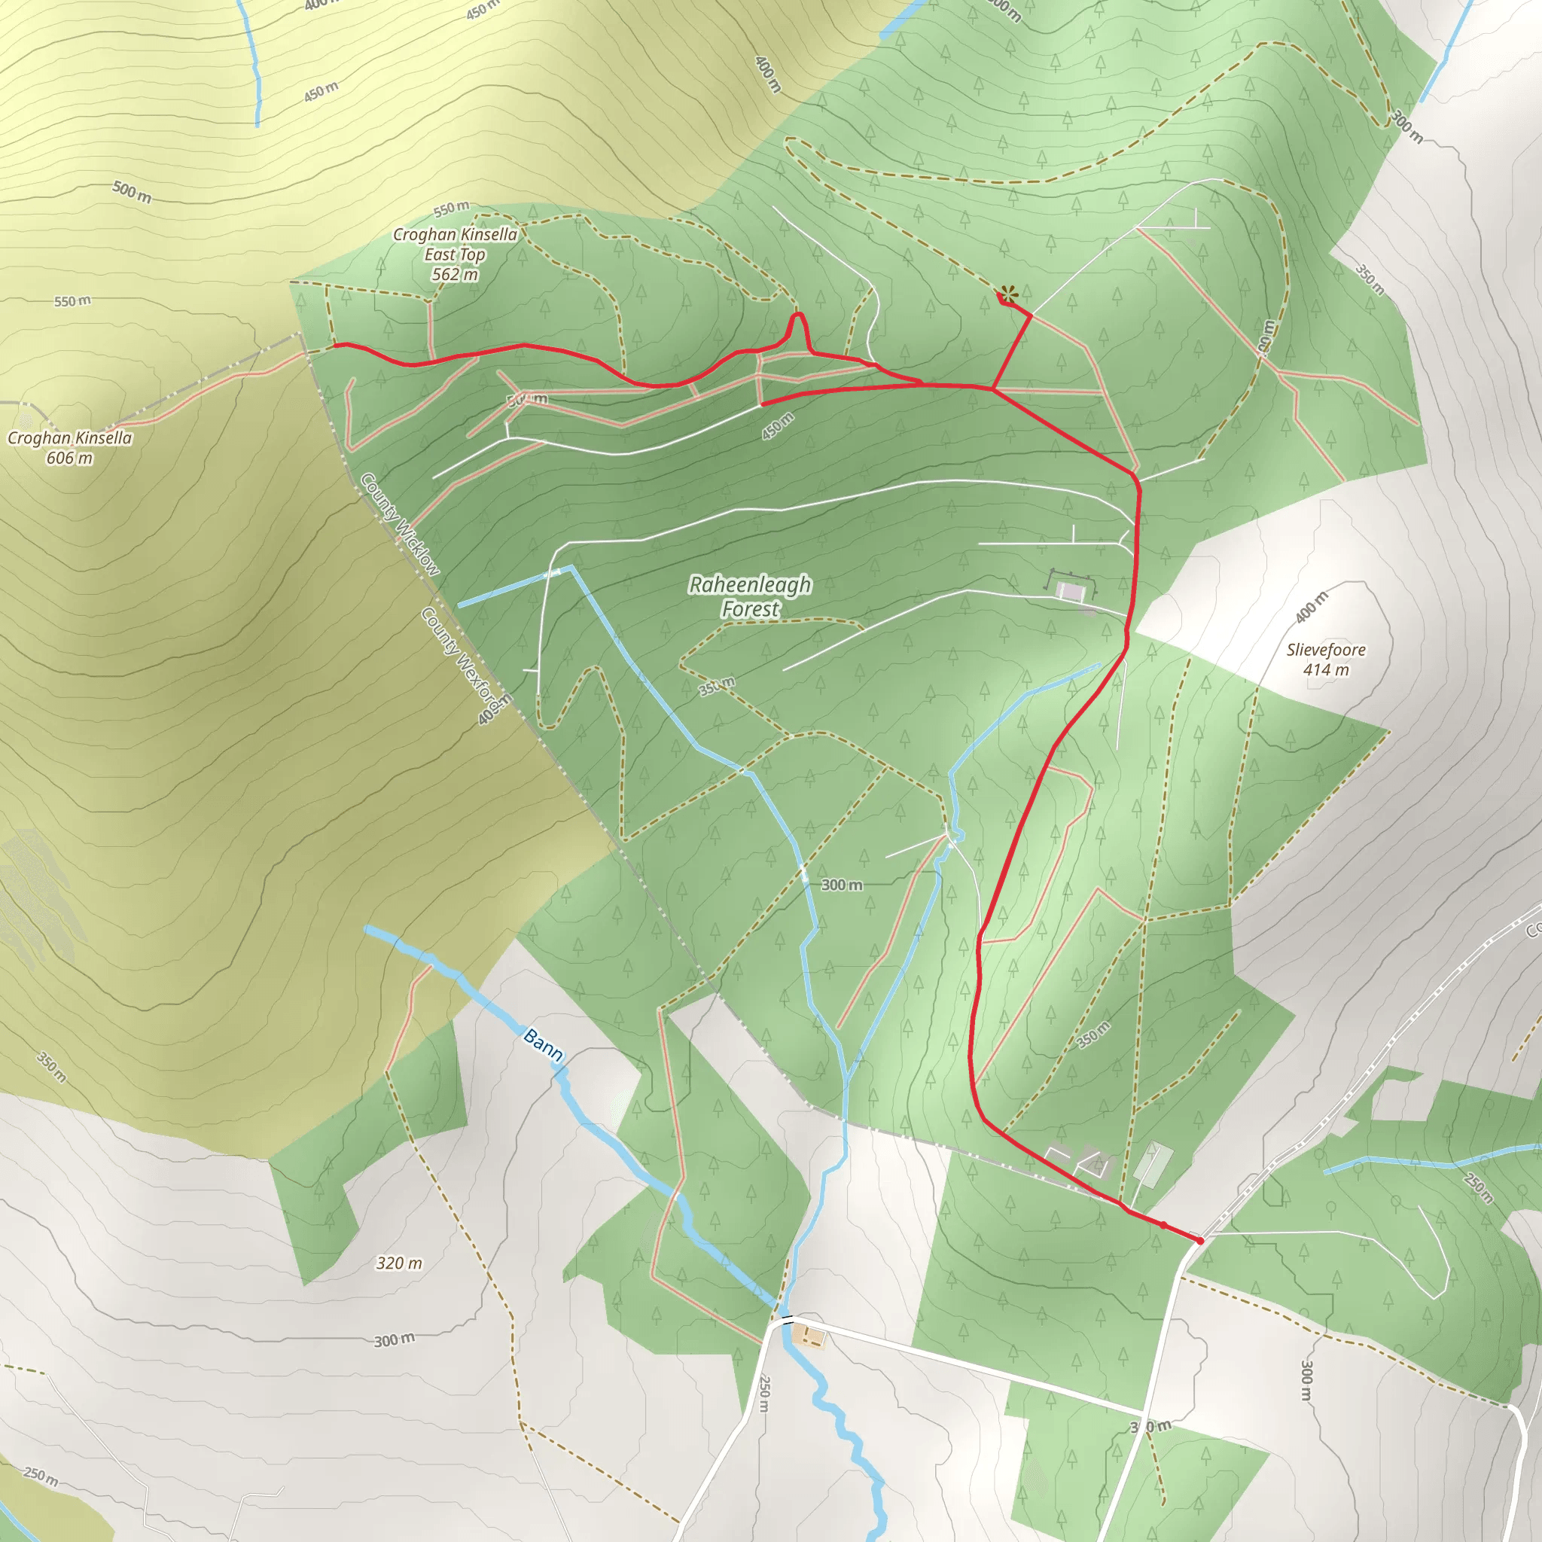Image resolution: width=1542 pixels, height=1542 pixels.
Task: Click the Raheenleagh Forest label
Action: (749, 596)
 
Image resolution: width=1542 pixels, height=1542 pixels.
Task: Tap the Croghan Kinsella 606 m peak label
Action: (69, 448)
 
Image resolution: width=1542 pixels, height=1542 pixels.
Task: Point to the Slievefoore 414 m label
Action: (1326, 660)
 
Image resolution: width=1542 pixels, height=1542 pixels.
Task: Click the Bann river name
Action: (544, 1045)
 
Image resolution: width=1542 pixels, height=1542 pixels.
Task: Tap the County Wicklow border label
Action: (400, 524)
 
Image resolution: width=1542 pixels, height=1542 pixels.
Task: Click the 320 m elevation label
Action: (399, 1263)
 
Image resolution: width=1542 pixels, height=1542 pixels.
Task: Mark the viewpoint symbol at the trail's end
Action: (1009, 293)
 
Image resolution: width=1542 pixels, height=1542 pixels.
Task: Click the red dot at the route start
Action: (1199, 1240)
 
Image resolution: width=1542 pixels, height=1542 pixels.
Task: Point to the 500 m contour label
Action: (132, 191)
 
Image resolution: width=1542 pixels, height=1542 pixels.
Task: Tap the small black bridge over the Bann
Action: (788, 1318)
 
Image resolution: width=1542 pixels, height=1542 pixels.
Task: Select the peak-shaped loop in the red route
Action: (798, 328)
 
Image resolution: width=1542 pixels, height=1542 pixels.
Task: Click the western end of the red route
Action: (335, 345)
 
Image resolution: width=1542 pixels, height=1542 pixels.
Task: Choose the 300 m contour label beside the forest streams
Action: (841, 885)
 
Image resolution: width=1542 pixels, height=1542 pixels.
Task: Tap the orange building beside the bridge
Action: (809, 1334)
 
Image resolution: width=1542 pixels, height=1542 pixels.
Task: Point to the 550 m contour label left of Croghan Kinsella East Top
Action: (72, 302)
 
